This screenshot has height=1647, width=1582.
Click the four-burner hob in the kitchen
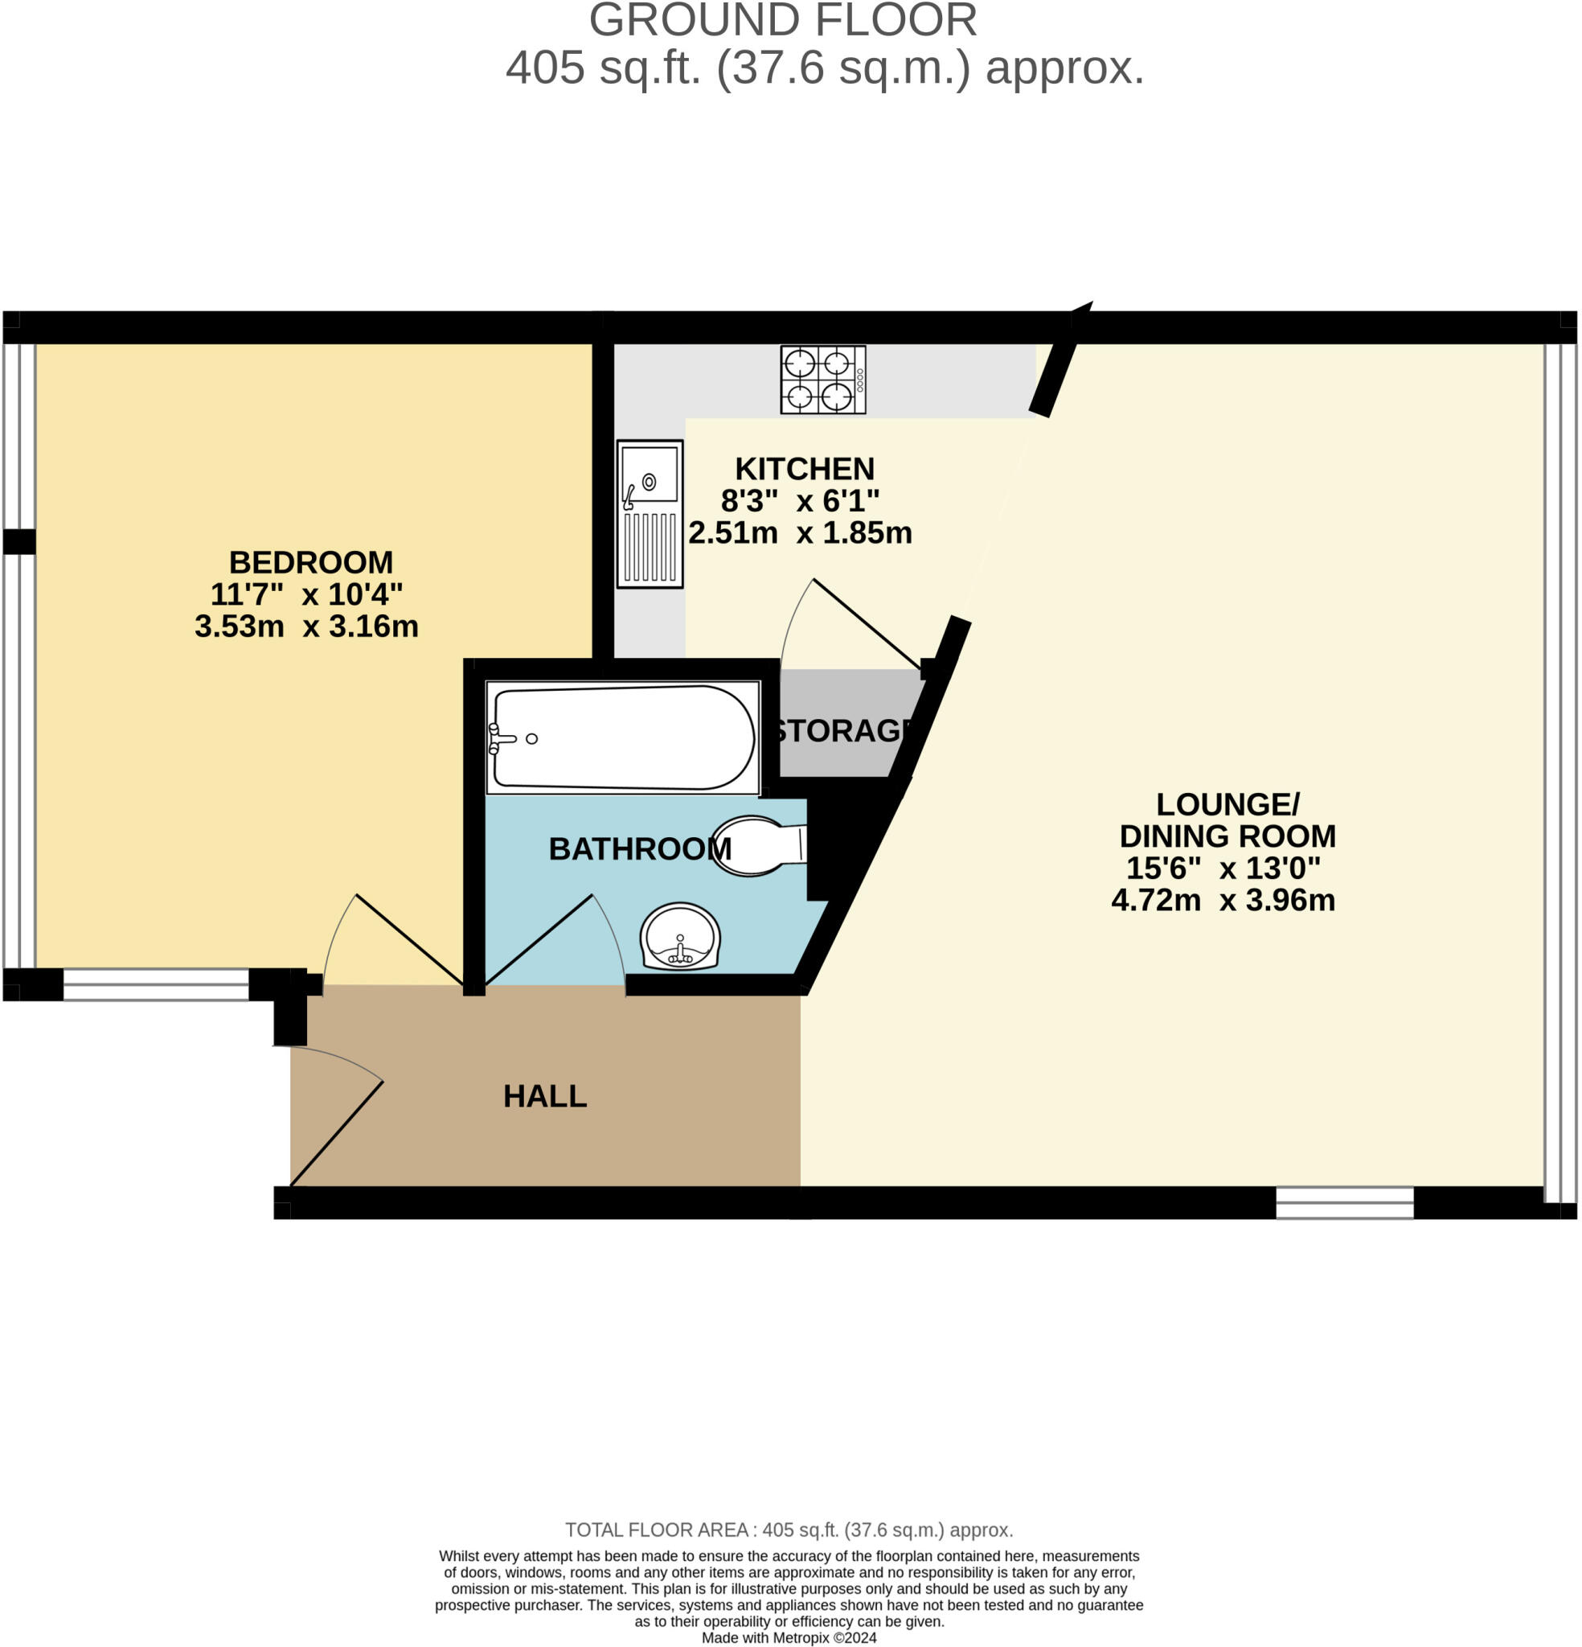[822, 379]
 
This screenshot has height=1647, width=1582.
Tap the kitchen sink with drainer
[649, 512]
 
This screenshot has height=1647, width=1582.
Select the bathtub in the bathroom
[621, 737]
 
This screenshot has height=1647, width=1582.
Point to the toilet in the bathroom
[759, 845]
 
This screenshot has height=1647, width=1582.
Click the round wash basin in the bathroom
[680, 937]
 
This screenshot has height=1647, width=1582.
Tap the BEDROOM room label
[311, 562]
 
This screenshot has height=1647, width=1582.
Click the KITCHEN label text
[804, 468]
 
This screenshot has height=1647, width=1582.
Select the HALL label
[544, 1096]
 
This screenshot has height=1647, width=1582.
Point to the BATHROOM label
[638, 848]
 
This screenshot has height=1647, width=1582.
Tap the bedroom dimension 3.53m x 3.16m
[306, 626]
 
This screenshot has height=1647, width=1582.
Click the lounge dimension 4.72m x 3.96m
[1223, 900]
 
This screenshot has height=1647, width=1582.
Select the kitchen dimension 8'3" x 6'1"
[800, 501]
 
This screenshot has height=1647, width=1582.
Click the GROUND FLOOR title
[782, 20]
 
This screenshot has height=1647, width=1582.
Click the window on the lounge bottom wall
[1344, 1202]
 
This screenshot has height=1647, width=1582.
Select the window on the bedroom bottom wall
[155, 984]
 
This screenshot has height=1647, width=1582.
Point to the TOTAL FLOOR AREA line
[789, 1553]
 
